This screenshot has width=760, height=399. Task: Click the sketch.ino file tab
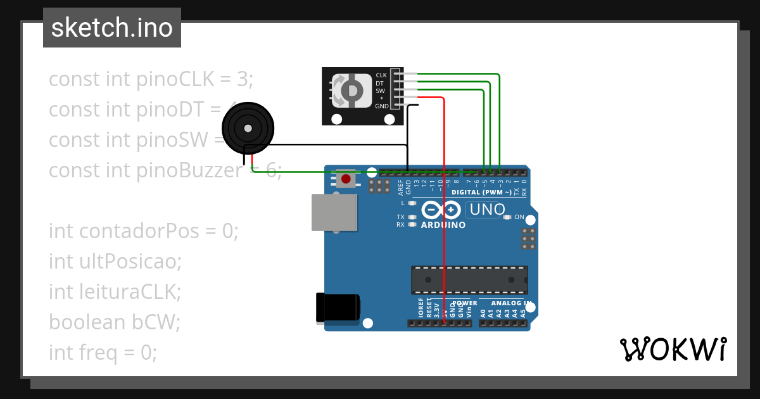(x=112, y=28)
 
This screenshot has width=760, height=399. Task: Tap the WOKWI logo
(x=673, y=349)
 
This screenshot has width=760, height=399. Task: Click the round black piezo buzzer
(x=248, y=129)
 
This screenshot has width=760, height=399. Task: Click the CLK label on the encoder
(x=381, y=75)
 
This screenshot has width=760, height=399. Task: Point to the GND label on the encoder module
(x=381, y=106)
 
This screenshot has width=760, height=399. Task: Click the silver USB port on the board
(x=334, y=212)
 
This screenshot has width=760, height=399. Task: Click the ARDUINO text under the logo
(x=443, y=225)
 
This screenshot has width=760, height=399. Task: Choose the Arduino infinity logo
(x=441, y=210)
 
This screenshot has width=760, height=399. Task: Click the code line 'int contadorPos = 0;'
(x=144, y=231)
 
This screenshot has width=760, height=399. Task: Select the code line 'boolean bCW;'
(x=115, y=322)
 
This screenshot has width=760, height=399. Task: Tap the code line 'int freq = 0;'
(x=103, y=353)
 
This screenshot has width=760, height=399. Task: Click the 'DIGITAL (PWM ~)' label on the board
(x=481, y=192)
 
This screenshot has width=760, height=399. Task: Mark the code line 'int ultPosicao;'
(x=115, y=262)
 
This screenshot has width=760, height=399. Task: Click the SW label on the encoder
(x=381, y=91)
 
